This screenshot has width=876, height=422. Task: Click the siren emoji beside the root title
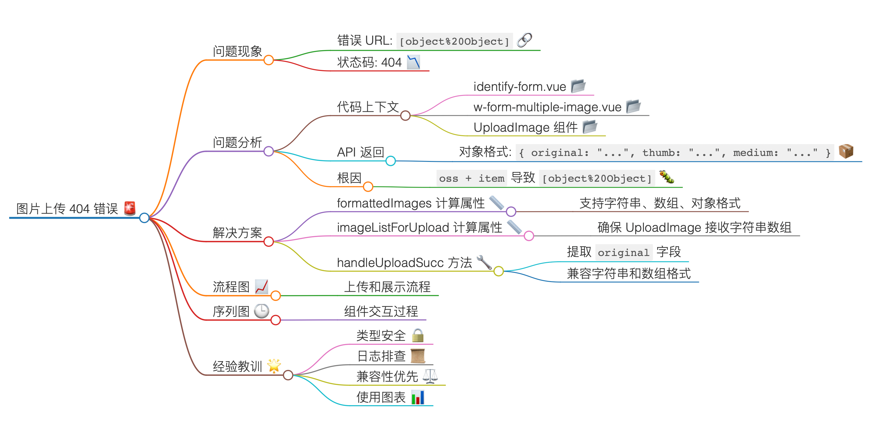tap(129, 208)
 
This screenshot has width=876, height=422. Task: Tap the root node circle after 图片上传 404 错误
tap(144, 218)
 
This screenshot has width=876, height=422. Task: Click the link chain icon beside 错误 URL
tap(524, 40)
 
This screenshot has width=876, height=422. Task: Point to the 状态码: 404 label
tap(369, 62)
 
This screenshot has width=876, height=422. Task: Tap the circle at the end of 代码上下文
tap(405, 115)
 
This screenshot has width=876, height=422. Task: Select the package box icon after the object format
tap(846, 151)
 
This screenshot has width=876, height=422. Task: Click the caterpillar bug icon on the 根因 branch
tap(667, 177)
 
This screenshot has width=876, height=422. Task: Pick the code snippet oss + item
tap(471, 178)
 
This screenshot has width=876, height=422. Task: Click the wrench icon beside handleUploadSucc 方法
tap(484, 262)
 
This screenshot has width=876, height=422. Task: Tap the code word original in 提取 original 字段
tap(623, 252)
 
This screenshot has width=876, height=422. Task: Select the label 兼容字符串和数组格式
tap(628, 273)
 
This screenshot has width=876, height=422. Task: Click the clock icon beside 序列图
tap(261, 311)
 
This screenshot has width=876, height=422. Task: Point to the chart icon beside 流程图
tap(261, 286)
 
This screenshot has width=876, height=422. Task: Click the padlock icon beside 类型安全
tap(418, 335)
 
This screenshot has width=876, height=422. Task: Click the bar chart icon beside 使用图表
tap(418, 397)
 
